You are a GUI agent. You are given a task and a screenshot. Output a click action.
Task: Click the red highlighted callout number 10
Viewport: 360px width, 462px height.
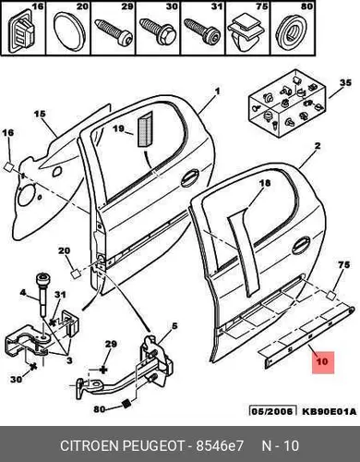pyautogui.click(x=323, y=361)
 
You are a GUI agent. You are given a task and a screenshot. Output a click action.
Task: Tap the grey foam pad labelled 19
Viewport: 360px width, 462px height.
pyautogui.click(x=145, y=129)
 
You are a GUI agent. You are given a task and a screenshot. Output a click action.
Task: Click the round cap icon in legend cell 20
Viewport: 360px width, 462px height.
pyautogui.click(x=67, y=31)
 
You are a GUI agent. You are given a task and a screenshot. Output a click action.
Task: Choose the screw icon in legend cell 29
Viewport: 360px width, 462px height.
pyautogui.click(x=114, y=32)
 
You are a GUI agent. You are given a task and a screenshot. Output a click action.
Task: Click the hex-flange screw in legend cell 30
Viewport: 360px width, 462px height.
pyautogui.click(x=158, y=31)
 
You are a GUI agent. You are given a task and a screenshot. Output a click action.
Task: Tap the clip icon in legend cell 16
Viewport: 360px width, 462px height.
pyautogui.click(x=21, y=30)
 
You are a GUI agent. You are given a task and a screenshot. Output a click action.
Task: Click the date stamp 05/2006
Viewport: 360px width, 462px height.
pyautogui.click(x=272, y=411)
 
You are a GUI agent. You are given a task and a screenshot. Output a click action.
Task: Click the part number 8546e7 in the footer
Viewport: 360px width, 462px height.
pyautogui.click(x=220, y=445)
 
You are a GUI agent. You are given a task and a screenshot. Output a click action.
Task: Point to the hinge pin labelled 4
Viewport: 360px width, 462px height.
pyautogui.click(x=42, y=295)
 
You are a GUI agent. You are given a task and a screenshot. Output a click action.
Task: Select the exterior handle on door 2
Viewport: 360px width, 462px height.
pyautogui.click(x=301, y=246)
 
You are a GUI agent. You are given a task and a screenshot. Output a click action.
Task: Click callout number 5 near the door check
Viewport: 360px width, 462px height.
pyautogui.click(x=174, y=326)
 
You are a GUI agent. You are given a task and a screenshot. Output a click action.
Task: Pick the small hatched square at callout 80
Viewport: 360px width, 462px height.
pyautogui.click(x=126, y=404)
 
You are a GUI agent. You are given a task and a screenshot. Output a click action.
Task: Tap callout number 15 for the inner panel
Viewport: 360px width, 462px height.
pyautogui.click(x=40, y=115)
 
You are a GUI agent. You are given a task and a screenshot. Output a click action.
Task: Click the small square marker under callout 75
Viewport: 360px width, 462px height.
pyautogui.click(x=331, y=296)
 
